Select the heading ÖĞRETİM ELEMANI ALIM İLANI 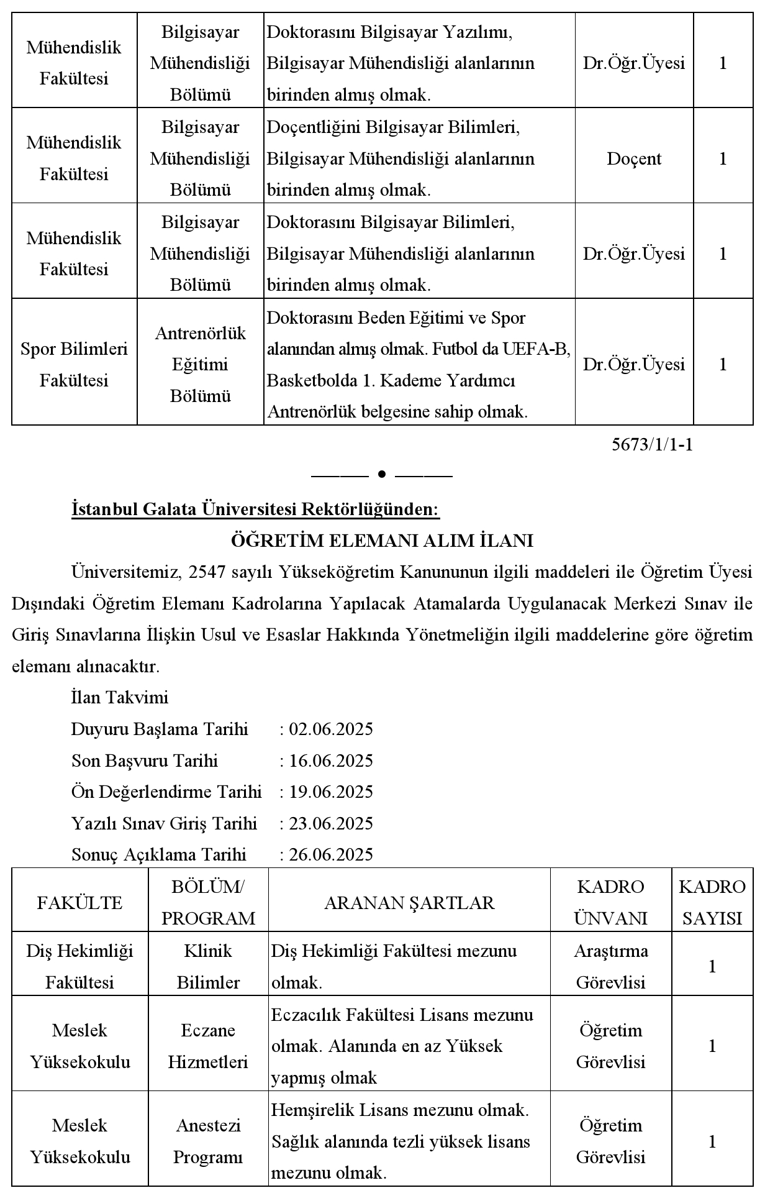[382, 541]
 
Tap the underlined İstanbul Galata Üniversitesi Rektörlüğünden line [255, 510]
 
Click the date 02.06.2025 [331, 729]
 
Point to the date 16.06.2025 [331, 761]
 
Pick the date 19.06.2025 [331, 792]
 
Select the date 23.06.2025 [331, 823]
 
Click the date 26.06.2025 [331, 854]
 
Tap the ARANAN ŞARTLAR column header [409, 902]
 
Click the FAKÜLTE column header [79, 902]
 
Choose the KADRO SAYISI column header [712, 902]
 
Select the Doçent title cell [634, 158]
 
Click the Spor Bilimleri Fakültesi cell [74, 364]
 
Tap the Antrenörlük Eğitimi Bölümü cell [200, 364]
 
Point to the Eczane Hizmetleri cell [208, 1046]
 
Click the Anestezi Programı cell [208, 1141]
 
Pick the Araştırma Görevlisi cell [611, 966]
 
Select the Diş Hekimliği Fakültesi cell [79, 966]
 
